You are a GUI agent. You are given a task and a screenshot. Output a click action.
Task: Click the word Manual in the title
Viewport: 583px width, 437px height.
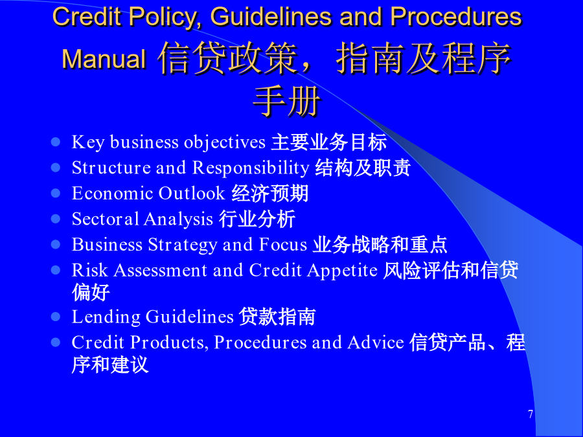coord(104,59)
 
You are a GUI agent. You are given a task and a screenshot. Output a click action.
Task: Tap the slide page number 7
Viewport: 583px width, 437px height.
coord(531,414)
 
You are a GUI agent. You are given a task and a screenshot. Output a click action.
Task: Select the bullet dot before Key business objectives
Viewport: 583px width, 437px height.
coord(56,142)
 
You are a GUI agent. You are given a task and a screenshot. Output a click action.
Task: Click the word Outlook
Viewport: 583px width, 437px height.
coord(192,193)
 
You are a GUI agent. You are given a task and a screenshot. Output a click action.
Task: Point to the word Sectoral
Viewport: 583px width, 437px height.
coord(105,219)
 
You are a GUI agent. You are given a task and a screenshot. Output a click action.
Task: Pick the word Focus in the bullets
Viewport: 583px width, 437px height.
coord(283,245)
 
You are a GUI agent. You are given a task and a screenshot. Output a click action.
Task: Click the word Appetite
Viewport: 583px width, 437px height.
coord(343,271)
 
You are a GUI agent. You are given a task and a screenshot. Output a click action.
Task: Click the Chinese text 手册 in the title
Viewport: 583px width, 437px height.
coord(287,102)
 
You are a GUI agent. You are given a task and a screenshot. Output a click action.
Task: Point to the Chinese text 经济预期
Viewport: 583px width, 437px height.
coord(270,194)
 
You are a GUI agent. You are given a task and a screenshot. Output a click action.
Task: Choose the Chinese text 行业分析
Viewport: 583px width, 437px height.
coord(257,219)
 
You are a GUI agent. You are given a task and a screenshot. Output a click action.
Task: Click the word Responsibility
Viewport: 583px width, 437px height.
coord(251,168)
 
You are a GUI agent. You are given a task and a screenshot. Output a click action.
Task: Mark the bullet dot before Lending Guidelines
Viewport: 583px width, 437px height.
coord(56,317)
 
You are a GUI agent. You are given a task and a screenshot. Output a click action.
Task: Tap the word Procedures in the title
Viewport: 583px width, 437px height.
coord(456,16)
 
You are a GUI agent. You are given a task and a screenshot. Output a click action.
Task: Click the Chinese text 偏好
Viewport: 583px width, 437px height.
coord(91,293)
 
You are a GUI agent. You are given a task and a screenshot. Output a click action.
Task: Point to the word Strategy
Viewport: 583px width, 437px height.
coord(183,245)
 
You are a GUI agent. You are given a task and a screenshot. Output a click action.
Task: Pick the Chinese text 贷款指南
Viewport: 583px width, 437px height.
coord(277,317)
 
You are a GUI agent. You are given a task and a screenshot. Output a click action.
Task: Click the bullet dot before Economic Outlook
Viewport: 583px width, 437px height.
coord(56,193)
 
